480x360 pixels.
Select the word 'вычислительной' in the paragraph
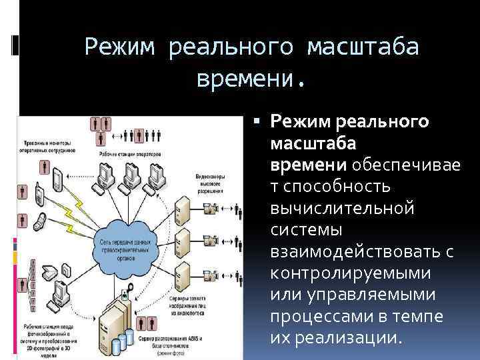pyautogui.click(x=342, y=208)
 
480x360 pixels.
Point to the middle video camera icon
pyautogui.click(x=212, y=239)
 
